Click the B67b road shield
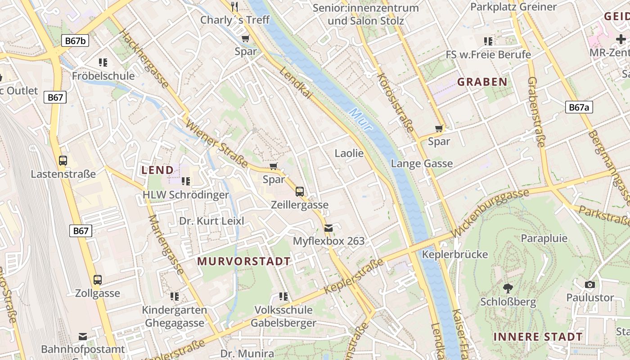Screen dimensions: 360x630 pyautogui.click(x=75, y=41)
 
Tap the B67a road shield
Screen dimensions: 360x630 pyautogui.click(x=579, y=107)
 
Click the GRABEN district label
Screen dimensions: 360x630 pyautogui.click(x=482, y=82)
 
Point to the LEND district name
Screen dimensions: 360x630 pyautogui.click(x=157, y=170)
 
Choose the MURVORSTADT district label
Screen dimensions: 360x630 pyautogui.click(x=244, y=261)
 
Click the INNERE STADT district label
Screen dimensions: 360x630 pyautogui.click(x=538, y=337)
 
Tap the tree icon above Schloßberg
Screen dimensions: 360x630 pyautogui.click(x=508, y=288)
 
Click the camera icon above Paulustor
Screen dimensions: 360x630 pyautogui.click(x=589, y=284)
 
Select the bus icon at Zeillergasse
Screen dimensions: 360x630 pyautogui.click(x=300, y=192)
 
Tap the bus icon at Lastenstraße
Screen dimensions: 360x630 pyautogui.click(x=63, y=161)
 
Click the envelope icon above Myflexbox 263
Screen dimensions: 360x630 pyautogui.click(x=328, y=228)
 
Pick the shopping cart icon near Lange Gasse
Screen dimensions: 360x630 pyautogui.click(x=439, y=129)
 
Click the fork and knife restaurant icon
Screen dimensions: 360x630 pyautogui.click(x=234, y=6)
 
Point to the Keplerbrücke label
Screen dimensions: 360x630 pyautogui.click(x=455, y=255)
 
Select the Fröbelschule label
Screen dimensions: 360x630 pyautogui.click(x=103, y=76)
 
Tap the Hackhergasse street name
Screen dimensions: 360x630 pyautogui.click(x=144, y=59)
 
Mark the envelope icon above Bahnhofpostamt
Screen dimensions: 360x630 pyautogui.click(x=82, y=337)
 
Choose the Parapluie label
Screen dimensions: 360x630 pyautogui.click(x=544, y=238)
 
